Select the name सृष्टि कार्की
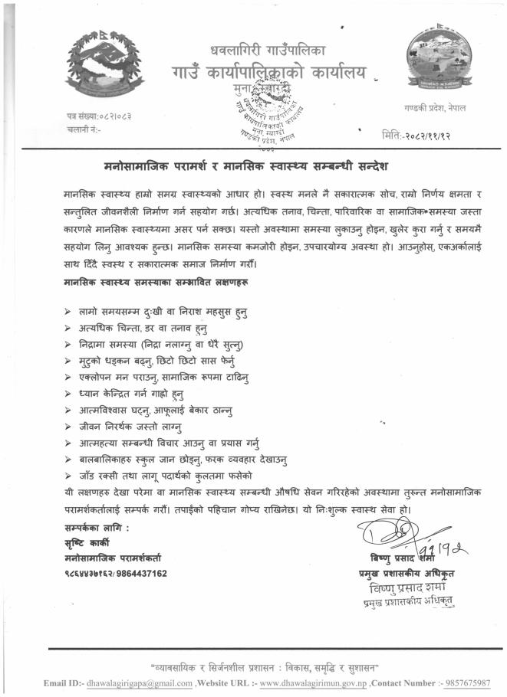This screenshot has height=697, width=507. pos(87,544)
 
